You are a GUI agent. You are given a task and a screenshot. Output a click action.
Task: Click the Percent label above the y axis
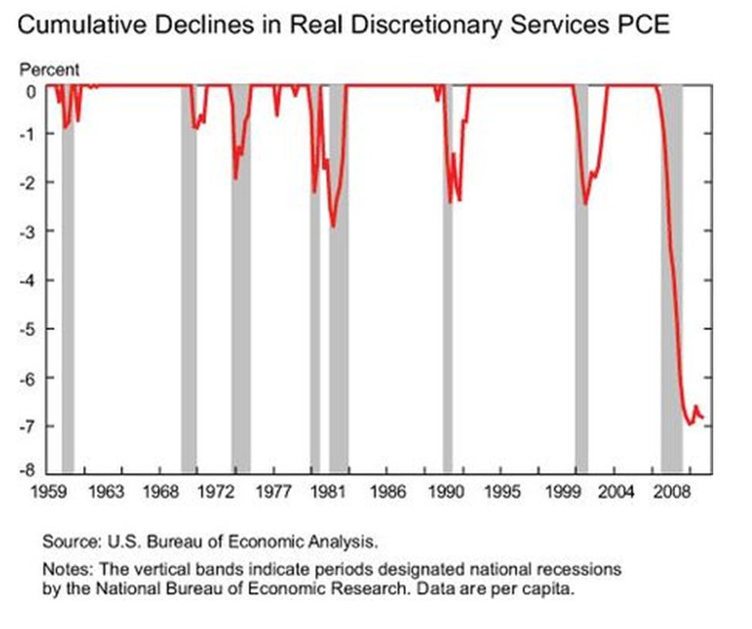(x=49, y=70)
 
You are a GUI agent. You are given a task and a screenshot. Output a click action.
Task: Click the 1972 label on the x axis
(x=216, y=491)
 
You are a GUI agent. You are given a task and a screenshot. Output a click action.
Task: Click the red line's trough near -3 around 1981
(x=333, y=226)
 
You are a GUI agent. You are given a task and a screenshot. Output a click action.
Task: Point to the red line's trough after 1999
(x=586, y=203)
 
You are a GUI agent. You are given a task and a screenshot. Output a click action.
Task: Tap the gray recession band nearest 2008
(x=671, y=279)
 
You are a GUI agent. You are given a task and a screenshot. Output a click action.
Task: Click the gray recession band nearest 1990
(x=447, y=279)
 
